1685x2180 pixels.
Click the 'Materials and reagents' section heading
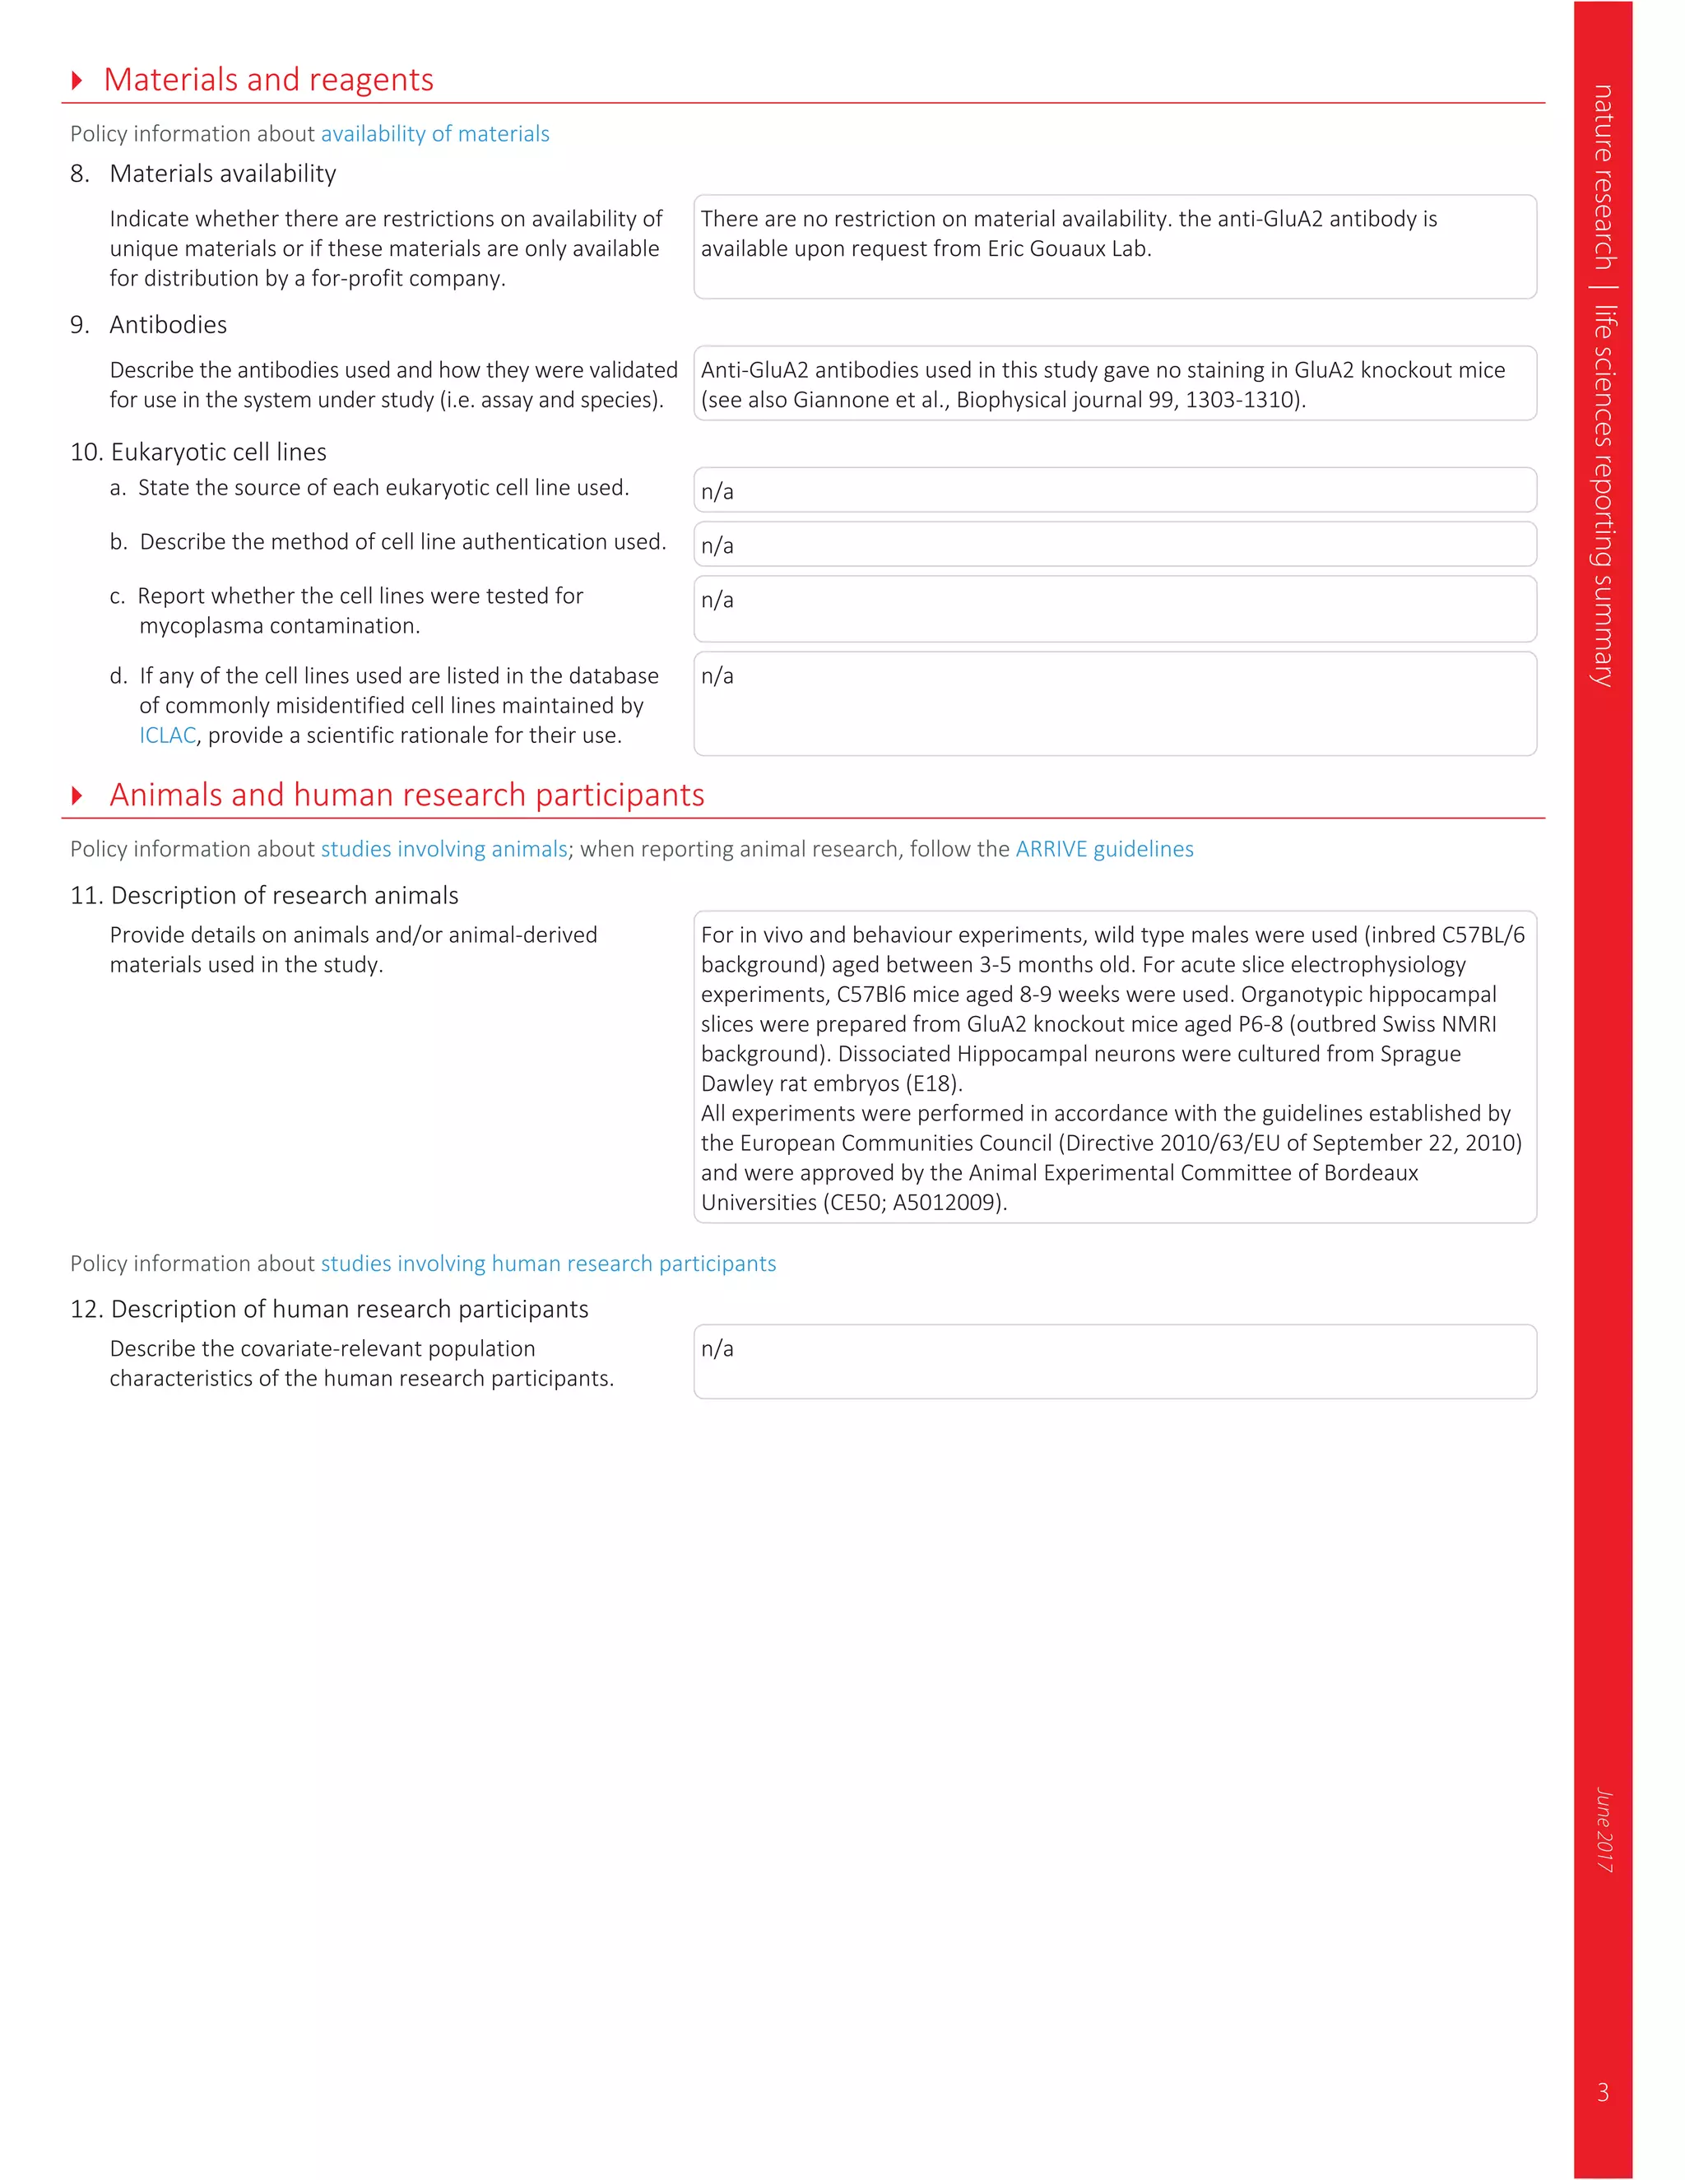(268, 80)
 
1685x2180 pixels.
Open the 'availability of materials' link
(434, 134)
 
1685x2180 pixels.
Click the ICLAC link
(168, 735)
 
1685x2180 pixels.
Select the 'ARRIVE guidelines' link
(1104, 850)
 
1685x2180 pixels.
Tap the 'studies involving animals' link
(443, 850)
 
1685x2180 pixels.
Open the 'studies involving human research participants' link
(548, 1264)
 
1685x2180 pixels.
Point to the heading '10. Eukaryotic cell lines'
(198, 452)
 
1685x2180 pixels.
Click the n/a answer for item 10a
(717, 492)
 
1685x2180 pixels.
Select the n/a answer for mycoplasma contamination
(717, 600)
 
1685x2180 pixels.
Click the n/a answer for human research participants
(717, 1348)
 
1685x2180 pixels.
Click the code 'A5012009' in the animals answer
(946, 1203)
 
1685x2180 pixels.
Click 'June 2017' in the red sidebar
(1604, 1829)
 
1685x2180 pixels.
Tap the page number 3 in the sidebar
(1604, 2091)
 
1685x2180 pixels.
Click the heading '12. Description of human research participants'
(329, 1310)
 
